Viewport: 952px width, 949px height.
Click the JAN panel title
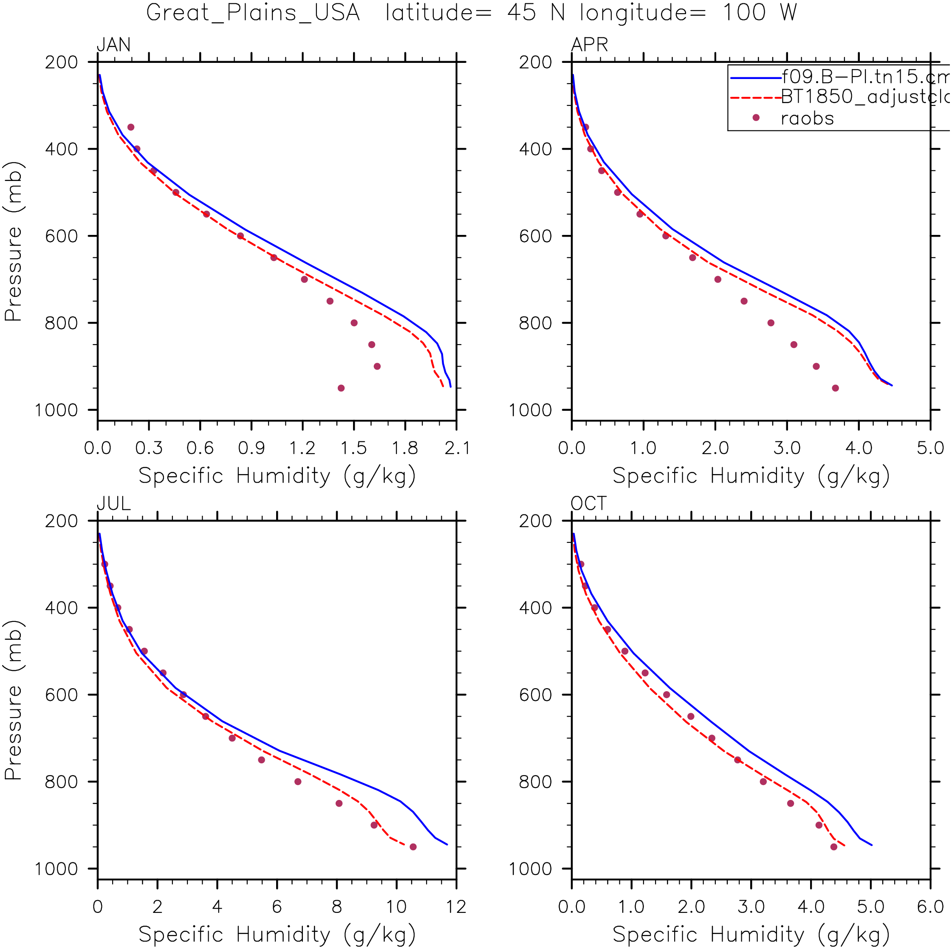(x=113, y=45)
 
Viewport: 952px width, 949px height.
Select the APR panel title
(x=589, y=45)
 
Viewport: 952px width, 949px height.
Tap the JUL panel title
(x=113, y=503)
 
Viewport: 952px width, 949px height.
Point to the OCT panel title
(x=588, y=503)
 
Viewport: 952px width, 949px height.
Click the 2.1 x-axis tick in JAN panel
(x=456, y=448)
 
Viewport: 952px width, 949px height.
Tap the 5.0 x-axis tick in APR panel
(x=930, y=448)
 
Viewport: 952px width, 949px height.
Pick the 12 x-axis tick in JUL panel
(x=456, y=907)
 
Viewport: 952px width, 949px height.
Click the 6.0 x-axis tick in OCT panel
(x=930, y=907)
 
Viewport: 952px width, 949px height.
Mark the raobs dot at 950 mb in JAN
(x=341, y=388)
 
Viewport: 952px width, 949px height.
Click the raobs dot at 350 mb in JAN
(x=130, y=127)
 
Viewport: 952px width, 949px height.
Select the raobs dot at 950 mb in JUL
(x=413, y=847)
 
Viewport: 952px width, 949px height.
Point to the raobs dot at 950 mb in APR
(x=835, y=388)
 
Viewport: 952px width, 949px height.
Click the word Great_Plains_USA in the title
(x=253, y=13)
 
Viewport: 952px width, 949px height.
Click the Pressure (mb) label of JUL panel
(x=13, y=700)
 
